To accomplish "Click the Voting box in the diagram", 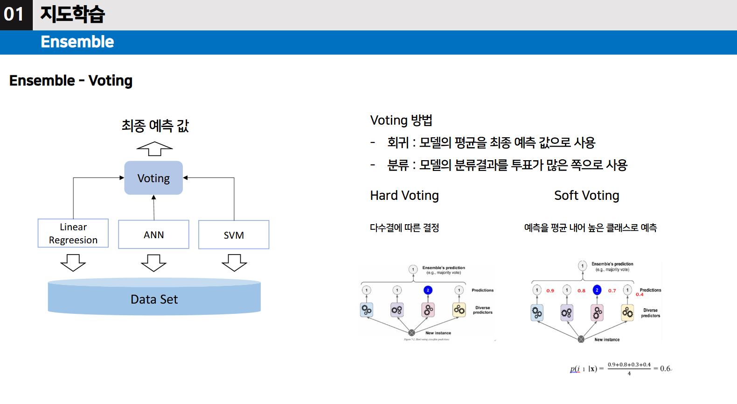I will [153, 178].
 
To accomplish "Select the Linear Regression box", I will [73, 233].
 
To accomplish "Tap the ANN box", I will [153, 234].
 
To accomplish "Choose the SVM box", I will [234, 235].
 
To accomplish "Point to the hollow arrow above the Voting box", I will [154, 149].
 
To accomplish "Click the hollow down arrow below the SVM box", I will [234, 262].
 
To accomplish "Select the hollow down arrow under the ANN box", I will [153, 262].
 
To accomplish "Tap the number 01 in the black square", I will [14, 14].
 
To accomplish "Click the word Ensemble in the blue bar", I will [77, 42].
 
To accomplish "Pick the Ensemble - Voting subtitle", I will [71, 80].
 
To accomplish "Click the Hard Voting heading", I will [404, 195].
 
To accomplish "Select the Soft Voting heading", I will [586, 195].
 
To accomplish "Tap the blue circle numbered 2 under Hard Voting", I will [428, 290].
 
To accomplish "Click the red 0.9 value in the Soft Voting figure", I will [550, 291].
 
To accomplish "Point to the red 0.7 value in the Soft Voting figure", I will [612, 291].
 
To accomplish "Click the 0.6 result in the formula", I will [665, 369].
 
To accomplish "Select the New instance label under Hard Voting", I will [438, 333].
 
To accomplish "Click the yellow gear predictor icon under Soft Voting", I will [628, 312].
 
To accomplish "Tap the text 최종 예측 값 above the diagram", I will [155, 126].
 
